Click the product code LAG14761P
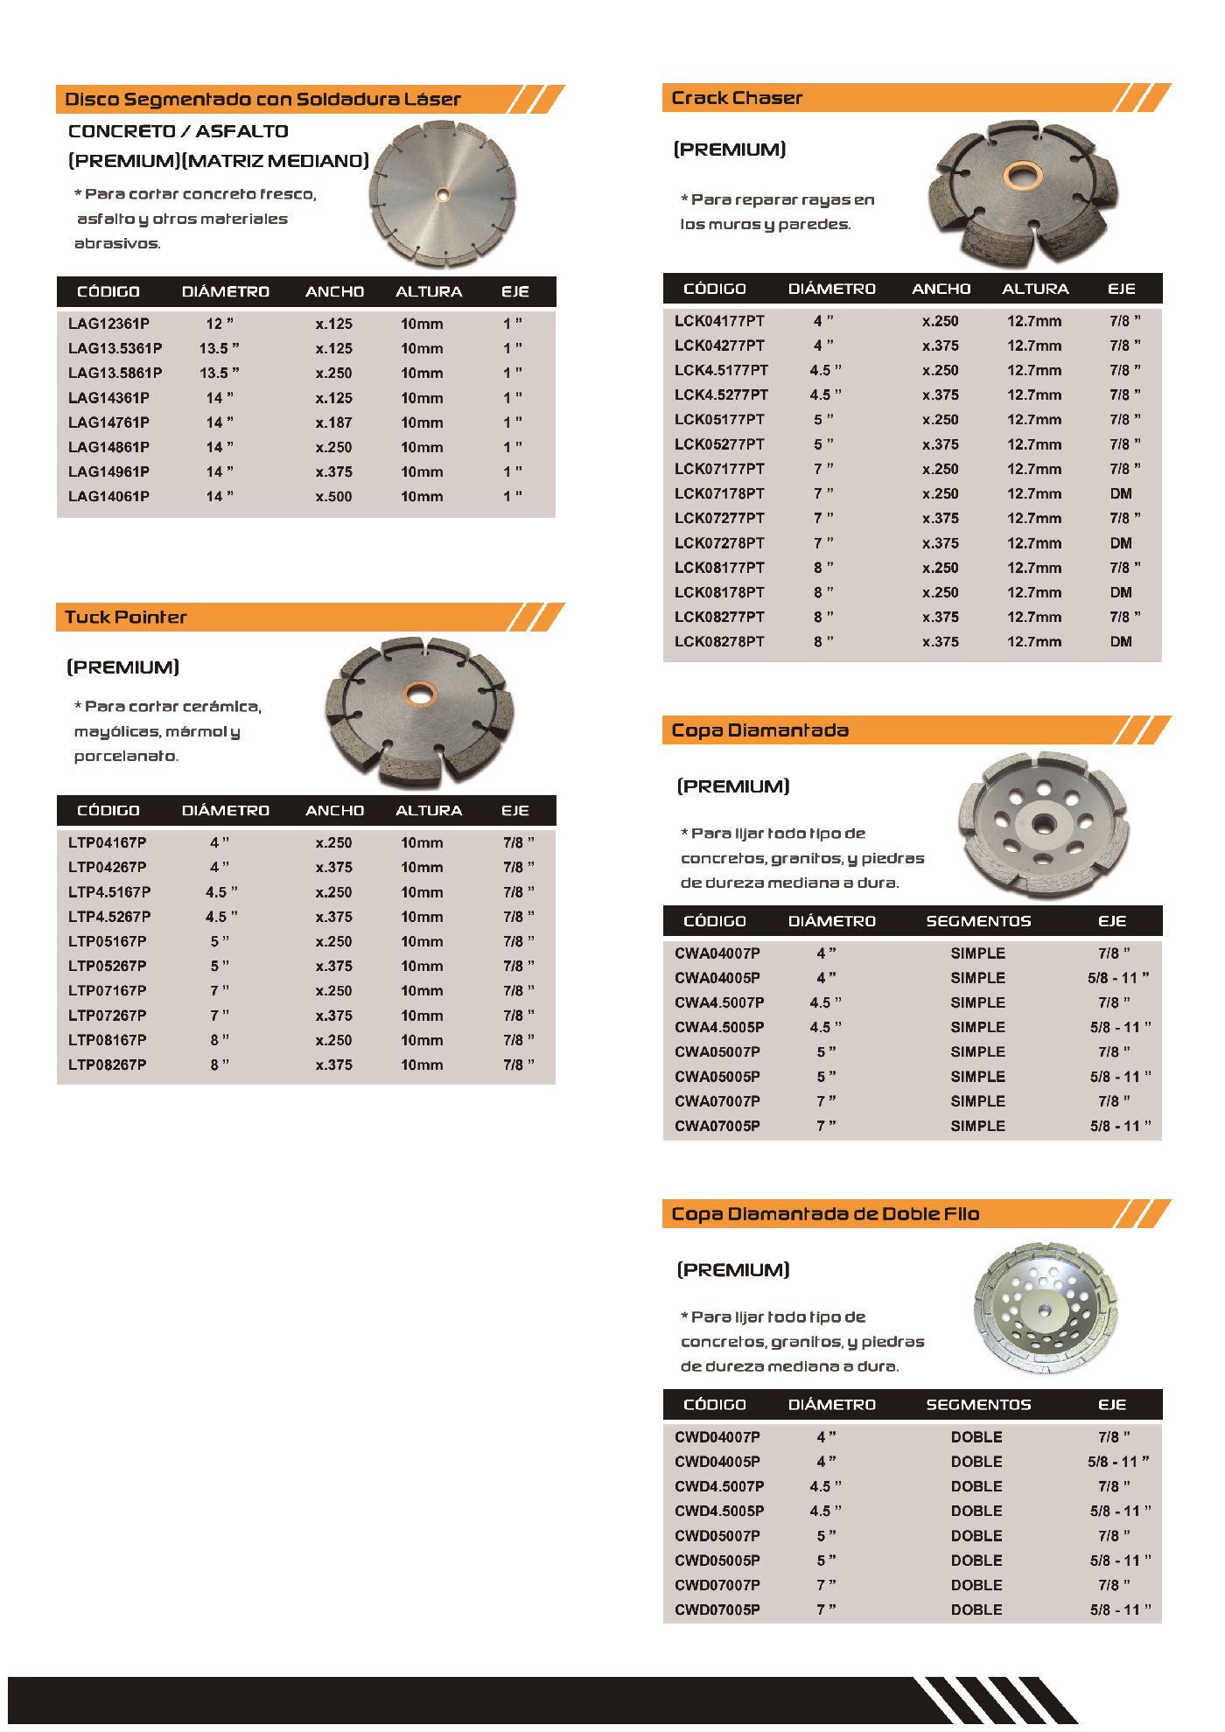[x=108, y=423]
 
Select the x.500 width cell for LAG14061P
[x=333, y=497]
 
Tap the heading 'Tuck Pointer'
[x=126, y=618]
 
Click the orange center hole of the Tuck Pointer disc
[x=419, y=695]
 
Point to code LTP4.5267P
[x=109, y=917]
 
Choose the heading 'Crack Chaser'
[x=737, y=98]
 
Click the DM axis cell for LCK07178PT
[x=1121, y=494]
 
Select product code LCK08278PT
[x=719, y=642]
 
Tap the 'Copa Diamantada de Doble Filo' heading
[x=825, y=1214]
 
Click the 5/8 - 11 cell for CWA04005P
[x=1118, y=978]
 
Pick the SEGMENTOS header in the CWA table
[x=978, y=921]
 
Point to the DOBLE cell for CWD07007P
[x=976, y=1585]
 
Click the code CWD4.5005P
[x=719, y=1512]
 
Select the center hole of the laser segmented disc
[x=442, y=195]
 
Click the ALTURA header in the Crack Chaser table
[x=1035, y=289]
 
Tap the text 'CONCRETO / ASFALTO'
[x=178, y=131]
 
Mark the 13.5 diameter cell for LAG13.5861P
[x=219, y=373]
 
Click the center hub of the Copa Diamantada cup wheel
[x=1041, y=823]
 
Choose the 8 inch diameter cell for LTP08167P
[x=219, y=1040]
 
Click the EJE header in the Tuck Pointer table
[x=515, y=811]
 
